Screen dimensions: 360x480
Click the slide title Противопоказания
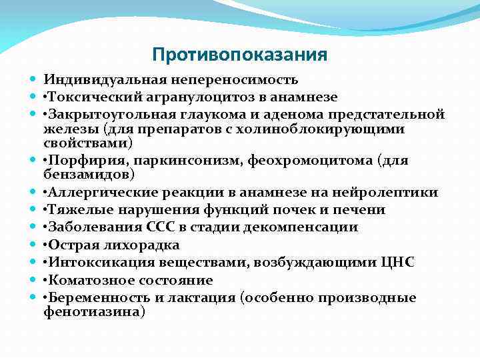(x=239, y=54)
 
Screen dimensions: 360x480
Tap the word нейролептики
(x=391, y=193)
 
